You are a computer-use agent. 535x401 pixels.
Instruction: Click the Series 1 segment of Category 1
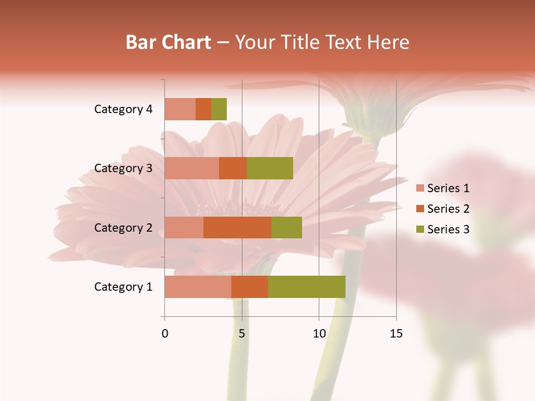[x=198, y=287]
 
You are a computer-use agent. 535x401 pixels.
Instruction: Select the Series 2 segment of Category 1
[x=250, y=287]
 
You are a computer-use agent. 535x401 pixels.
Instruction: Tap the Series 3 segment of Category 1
[x=307, y=287]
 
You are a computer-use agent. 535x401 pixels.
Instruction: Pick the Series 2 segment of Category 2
[x=237, y=227]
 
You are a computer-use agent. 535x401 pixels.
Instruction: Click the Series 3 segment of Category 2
[x=286, y=227]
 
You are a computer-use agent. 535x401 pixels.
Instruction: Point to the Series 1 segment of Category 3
[x=192, y=168]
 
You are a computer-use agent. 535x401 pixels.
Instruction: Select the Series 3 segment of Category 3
[x=270, y=168]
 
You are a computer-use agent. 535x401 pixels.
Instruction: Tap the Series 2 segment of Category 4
[x=203, y=109]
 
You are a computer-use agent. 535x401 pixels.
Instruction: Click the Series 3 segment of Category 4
[x=219, y=109]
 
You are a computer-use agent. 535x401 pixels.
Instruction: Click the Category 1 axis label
[x=123, y=287]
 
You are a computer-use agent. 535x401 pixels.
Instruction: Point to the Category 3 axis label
[x=123, y=168]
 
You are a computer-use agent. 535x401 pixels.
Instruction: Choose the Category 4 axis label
[x=123, y=109]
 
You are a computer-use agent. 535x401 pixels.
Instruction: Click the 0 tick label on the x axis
[x=164, y=334]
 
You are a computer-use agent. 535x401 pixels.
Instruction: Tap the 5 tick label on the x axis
[x=242, y=334]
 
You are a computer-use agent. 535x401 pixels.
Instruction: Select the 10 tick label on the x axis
[x=319, y=334]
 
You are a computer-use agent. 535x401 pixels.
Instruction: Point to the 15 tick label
[x=396, y=334]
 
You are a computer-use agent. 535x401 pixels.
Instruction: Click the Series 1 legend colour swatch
[x=420, y=188]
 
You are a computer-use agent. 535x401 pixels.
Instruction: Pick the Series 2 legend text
[x=448, y=209]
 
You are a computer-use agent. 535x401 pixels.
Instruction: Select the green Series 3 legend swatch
[x=420, y=229]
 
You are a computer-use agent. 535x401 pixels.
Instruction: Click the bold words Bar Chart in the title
[x=168, y=42]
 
